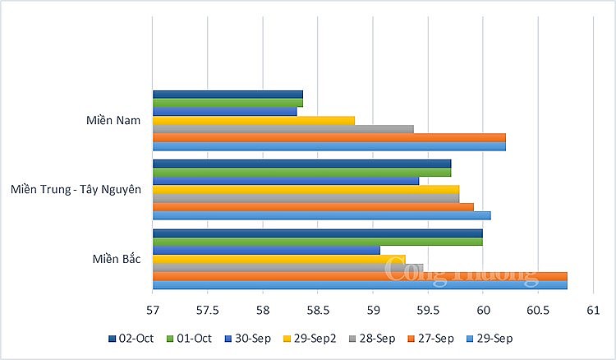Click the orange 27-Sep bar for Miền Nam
pyautogui.click(x=329, y=137)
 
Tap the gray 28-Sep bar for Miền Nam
pyautogui.click(x=283, y=129)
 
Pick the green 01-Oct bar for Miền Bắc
pyautogui.click(x=317, y=242)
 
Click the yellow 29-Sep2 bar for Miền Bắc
pyautogui.click(x=278, y=259)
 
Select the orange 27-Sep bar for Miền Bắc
pyautogui.click(x=359, y=276)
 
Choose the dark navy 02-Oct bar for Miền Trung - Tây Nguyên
pyautogui.click(x=301, y=164)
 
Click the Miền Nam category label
pyautogui.click(x=113, y=120)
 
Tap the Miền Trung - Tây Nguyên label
pyautogui.click(x=76, y=190)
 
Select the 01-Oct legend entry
pyautogui.click(x=189, y=338)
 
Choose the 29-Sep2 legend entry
pyautogui.click(x=309, y=338)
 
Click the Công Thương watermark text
pyautogui.click(x=460, y=268)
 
